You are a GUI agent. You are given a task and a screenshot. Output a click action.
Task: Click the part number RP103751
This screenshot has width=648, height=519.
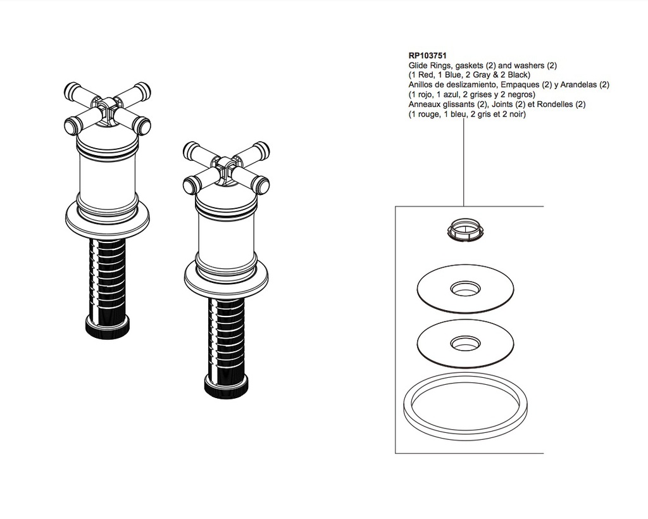(x=427, y=55)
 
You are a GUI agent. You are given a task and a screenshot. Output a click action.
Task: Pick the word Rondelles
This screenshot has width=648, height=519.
(x=555, y=104)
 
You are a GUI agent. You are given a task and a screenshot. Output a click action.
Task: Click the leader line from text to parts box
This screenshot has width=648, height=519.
(x=464, y=162)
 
